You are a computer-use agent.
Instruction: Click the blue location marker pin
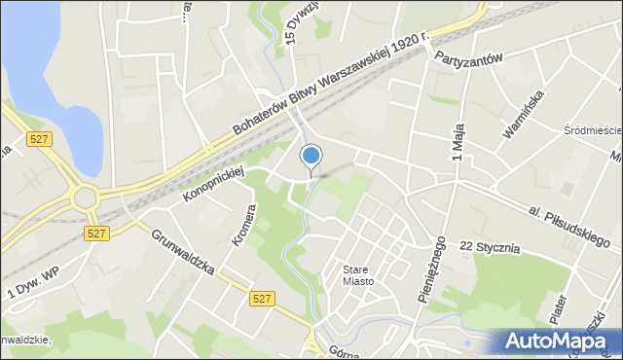(311, 157)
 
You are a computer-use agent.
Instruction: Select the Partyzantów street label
(468, 57)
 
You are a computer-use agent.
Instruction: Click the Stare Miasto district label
(357, 275)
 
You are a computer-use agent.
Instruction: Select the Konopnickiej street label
(213, 185)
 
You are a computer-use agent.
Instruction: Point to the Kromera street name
(242, 225)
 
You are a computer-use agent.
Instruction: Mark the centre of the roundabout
(86, 198)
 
